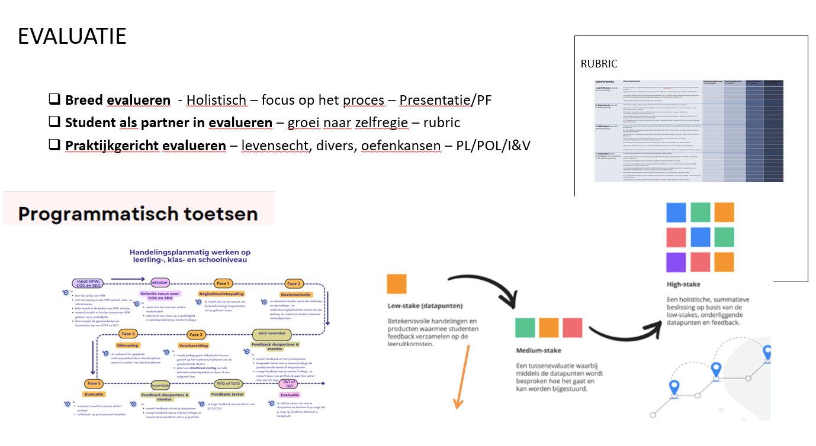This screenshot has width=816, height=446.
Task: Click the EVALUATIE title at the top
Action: click(x=72, y=37)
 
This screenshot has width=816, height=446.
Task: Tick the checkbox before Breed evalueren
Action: click(x=55, y=100)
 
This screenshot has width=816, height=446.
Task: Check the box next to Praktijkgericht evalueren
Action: click(x=55, y=145)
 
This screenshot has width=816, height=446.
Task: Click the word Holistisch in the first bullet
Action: click(x=216, y=101)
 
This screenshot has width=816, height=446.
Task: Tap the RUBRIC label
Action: click(x=599, y=64)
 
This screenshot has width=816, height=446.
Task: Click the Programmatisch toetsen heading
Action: click(x=138, y=214)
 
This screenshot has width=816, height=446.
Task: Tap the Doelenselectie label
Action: click(x=295, y=294)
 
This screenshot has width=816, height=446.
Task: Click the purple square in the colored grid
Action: click(x=675, y=261)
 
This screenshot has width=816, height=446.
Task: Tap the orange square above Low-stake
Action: click(x=397, y=284)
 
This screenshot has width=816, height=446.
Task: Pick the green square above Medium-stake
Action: click(x=526, y=328)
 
